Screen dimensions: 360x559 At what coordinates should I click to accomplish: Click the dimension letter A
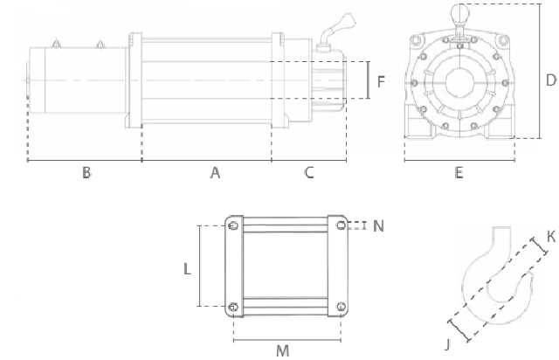214,173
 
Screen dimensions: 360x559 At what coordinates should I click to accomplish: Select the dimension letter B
86,173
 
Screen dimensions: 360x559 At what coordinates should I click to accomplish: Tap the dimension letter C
309,173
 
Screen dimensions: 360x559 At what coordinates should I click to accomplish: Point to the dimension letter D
550,80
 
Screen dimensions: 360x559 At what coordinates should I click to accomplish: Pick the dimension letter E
459,173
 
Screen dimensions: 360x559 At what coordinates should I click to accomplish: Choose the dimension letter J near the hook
448,343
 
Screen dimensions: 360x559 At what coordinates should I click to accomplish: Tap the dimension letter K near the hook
550,237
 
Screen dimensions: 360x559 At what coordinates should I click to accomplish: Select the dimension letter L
187,270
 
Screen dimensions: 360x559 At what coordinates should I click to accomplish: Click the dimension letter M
282,350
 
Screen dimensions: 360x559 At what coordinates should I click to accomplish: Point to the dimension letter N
378,225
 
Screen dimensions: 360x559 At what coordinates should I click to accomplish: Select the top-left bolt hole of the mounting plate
233,225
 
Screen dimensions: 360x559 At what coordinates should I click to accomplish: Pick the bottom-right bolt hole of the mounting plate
340,306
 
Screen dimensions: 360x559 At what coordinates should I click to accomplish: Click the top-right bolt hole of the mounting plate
340,225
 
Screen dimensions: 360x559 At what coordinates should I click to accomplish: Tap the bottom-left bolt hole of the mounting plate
233,306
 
